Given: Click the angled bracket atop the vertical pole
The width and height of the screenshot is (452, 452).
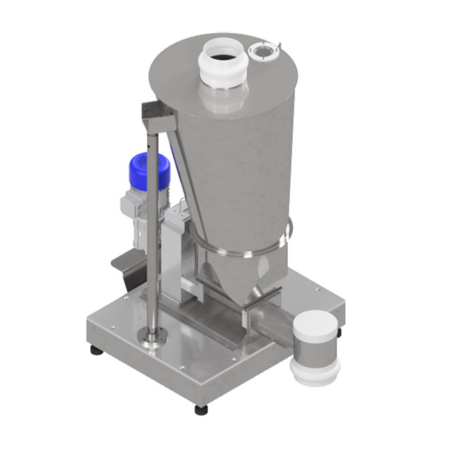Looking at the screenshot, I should (158, 117).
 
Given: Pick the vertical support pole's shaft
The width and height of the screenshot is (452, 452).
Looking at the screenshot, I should (152, 235).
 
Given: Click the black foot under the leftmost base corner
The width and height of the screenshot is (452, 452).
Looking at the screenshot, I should (95, 350).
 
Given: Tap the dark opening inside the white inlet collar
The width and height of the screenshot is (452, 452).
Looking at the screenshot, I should (222, 57).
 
